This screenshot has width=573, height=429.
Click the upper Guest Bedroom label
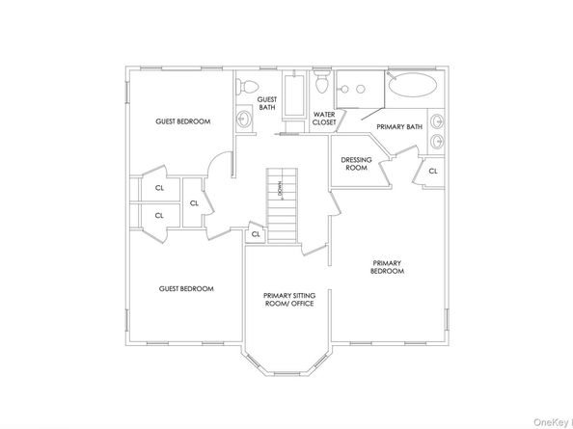[x=183, y=121]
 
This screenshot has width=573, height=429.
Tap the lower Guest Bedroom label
[x=186, y=288]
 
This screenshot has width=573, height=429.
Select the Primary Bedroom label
[x=387, y=267]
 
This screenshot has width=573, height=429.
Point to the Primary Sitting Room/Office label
[x=289, y=300]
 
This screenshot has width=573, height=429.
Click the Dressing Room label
[x=356, y=164]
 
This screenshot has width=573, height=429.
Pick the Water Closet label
[x=323, y=119]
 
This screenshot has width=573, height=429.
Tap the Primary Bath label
[x=399, y=126]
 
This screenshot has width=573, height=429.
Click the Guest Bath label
[x=267, y=103]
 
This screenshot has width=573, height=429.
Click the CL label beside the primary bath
[x=433, y=171]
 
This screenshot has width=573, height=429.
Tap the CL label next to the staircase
[x=256, y=233]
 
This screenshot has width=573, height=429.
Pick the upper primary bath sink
[x=439, y=122]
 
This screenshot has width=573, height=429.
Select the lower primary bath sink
[x=439, y=143]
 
